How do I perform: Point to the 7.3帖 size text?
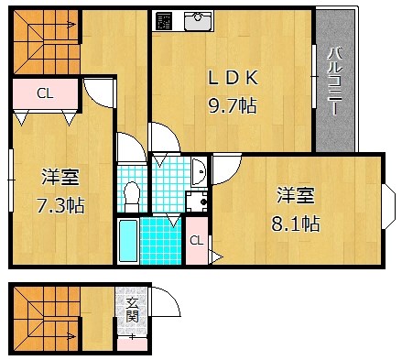pos(61,204)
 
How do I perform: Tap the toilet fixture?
pos(132,193)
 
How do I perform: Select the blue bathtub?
pos(127,241)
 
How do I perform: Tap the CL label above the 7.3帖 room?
pos(44,93)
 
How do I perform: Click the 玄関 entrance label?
pos(133,310)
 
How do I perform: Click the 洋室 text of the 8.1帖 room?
pos(297,195)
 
